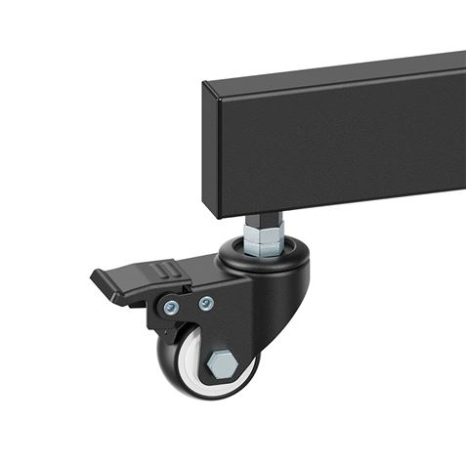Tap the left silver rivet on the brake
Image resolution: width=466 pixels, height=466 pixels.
[x=171, y=308]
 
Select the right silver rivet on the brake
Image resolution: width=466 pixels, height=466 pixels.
[x=205, y=303]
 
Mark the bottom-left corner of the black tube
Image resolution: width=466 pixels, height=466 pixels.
[x=208, y=211]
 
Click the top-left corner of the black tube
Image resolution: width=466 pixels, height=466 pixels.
[x=203, y=84]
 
